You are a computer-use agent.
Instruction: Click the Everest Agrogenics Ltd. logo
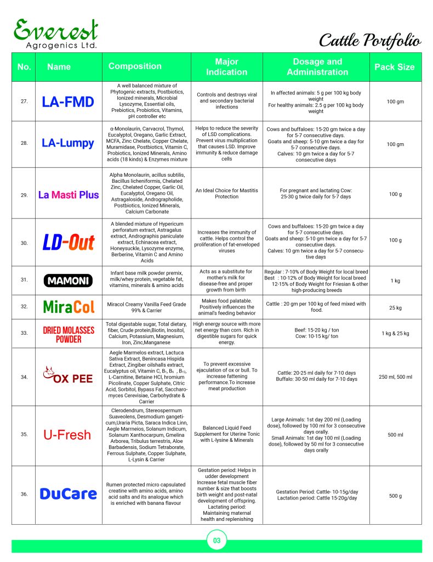pyautogui.click(x=56, y=34)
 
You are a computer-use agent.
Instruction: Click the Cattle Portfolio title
pyautogui.click(x=370, y=40)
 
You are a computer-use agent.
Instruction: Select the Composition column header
pyautogui.click(x=135, y=66)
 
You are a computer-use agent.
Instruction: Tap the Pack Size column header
pyautogui.click(x=395, y=67)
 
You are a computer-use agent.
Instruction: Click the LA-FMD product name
pyautogui.click(x=68, y=102)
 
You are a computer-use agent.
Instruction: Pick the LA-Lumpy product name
pyautogui.click(x=68, y=144)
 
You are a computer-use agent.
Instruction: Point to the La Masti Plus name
pyautogui.click(x=68, y=195)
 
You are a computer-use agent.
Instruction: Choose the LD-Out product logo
pyautogui.click(x=69, y=242)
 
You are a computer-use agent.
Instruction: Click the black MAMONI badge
pyautogui.click(x=68, y=280)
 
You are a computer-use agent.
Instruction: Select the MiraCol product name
pyautogui.click(x=68, y=307)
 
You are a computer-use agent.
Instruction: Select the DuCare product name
pyautogui.click(x=68, y=494)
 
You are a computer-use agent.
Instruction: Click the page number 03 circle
pyautogui.click(x=216, y=541)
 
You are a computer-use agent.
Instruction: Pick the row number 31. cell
pyautogui.click(x=24, y=280)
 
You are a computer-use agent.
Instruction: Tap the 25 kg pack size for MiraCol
pyautogui.click(x=395, y=308)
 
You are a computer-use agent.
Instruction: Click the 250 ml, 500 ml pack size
pyautogui.click(x=395, y=377)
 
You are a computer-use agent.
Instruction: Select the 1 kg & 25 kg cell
pyautogui.click(x=395, y=333)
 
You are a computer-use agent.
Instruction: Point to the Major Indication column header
pyautogui.click(x=226, y=66)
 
